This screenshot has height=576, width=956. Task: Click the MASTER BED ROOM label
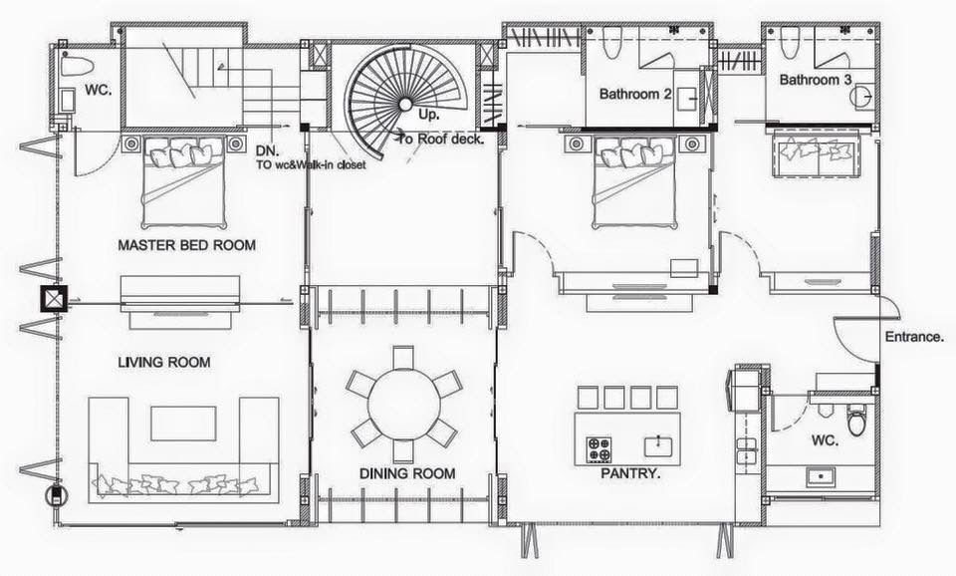[186, 245]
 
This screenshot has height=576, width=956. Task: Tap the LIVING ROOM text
[164, 363]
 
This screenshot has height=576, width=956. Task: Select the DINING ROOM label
[407, 473]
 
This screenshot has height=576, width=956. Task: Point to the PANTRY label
[630, 473]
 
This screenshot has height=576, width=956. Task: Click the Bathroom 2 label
[635, 94]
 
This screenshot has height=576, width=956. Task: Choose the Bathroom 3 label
[816, 80]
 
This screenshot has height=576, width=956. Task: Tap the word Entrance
[914, 337]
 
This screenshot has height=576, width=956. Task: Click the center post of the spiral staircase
[405, 105]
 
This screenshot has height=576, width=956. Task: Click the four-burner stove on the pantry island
[598, 449]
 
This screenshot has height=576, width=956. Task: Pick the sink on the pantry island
[658, 445]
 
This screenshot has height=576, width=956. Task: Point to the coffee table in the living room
[183, 424]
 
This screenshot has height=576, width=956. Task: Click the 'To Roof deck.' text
[441, 140]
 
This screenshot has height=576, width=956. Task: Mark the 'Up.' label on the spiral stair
[428, 115]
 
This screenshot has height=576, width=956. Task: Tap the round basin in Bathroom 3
[860, 96]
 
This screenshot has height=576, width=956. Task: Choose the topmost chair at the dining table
[402, 357]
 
